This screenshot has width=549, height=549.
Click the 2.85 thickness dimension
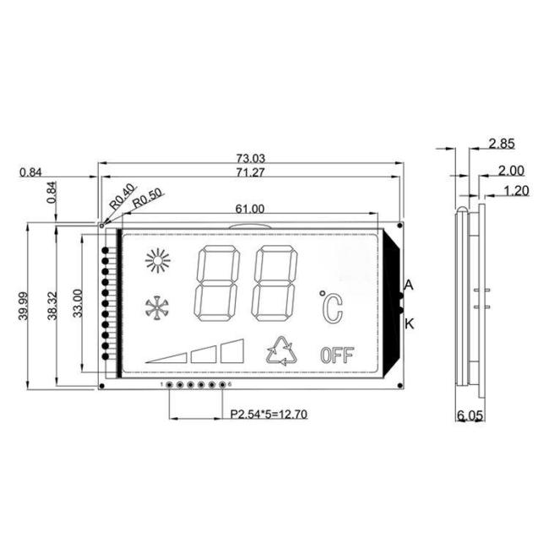[x=502, y=144]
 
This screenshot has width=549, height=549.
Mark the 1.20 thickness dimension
[x=515, y=191]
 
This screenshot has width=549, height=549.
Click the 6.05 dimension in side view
[x=470, y=416]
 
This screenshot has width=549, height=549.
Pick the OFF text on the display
[x=336, y=355]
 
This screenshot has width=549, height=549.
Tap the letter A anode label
[x=409, y=285]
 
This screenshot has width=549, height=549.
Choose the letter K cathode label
[x=409, y=323]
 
